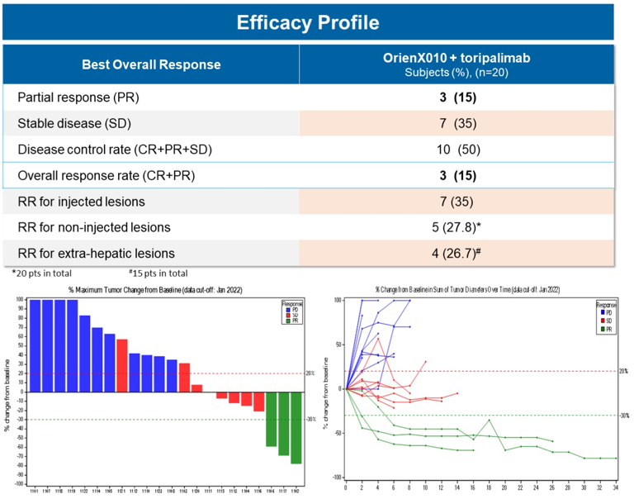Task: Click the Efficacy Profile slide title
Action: click(x=308, y=21)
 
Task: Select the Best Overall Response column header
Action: click(x=151, y=64)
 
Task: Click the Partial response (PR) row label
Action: click(x=78, y=97)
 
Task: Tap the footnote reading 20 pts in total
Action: click(x=45, y=273)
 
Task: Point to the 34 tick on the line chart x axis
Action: click(x=616, y=487)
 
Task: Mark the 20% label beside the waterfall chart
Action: click(x=310, y=373)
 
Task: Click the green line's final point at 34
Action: click(x=616, y=458)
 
